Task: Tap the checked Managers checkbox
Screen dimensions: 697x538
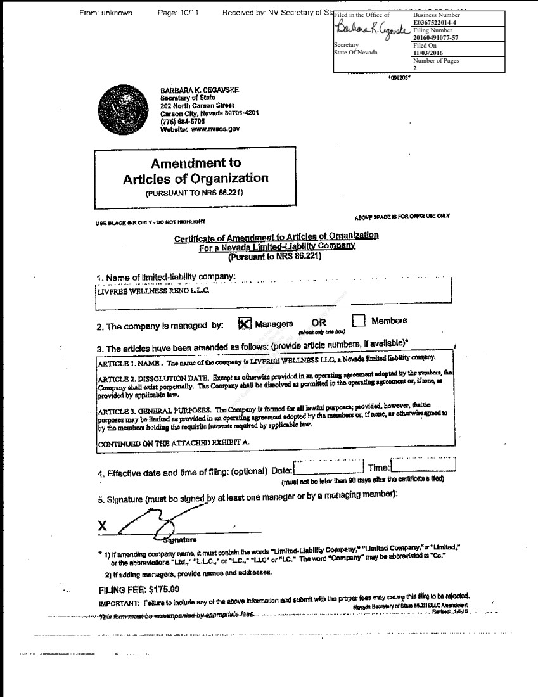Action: point(245,323)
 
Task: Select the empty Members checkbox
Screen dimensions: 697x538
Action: point(359,321)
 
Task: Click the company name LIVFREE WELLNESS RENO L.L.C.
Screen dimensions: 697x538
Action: point(152,291)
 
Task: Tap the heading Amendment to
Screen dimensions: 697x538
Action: point(195,163)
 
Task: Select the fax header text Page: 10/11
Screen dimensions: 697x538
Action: point(178,13)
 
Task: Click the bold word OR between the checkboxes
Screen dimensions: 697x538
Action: point(319,323)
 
